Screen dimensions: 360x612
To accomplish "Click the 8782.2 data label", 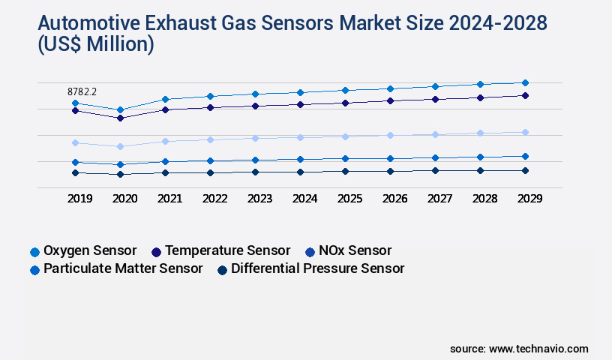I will pos(82,91).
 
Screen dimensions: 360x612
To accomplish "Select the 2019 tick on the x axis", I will pos(79,199).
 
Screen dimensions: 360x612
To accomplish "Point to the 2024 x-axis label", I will pos(304,199).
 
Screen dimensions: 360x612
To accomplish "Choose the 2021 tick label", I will pos(169,199).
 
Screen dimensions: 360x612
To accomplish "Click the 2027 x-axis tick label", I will pos(439,199).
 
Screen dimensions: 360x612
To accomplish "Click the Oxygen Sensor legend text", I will pos(90,250).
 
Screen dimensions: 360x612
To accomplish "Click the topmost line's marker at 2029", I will pos(525,82).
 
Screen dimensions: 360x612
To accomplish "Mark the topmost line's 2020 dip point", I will pos(120,109).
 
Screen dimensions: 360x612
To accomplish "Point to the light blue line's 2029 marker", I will pos(525,132).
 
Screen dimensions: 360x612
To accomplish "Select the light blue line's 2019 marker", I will pos(75,142).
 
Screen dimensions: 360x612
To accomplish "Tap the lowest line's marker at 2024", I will pos(300,172).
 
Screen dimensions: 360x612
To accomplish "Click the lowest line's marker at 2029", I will pos(525,170).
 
